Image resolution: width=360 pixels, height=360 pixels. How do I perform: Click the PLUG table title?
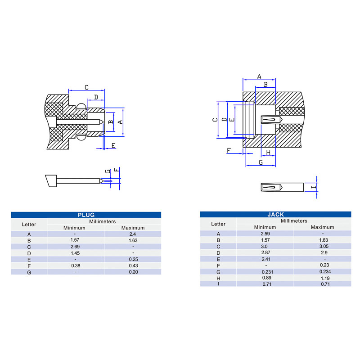pos(86,215)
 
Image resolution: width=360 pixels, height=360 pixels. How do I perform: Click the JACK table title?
pos(275,215)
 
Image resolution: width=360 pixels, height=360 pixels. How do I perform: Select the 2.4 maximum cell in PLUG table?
pos(132,234)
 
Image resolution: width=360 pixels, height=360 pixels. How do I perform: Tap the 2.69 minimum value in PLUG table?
pos(75,247)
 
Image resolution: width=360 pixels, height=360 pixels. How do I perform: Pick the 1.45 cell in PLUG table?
pos(75,253)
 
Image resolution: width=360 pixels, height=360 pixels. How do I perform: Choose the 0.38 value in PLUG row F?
pos(76,265)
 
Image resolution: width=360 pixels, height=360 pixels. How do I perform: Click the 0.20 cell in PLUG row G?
pos(133,272)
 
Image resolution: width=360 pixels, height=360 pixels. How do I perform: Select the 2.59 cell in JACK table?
pos(265,234)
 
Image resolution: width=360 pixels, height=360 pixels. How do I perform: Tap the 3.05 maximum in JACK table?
pos(324,246)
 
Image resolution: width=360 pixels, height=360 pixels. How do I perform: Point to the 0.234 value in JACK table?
pos(325,271)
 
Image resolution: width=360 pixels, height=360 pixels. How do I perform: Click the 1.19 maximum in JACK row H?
pos(325,278)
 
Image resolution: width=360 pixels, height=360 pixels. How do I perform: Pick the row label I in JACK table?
pos(218,284)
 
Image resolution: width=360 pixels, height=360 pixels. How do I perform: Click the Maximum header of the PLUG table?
pos(133,228)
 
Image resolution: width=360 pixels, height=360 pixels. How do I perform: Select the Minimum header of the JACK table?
pos(265,227)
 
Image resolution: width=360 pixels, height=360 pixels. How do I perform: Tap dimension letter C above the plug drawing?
pos(86,87)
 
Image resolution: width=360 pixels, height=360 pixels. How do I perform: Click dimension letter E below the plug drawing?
pos(113,145)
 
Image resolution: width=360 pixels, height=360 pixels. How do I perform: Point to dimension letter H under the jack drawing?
pos(268,153)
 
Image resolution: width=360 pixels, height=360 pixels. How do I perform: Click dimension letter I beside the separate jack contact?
pos(314,187)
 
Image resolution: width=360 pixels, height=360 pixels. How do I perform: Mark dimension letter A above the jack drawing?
pos(259,76)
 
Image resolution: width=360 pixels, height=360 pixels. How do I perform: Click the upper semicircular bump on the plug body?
pos(81,106)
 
